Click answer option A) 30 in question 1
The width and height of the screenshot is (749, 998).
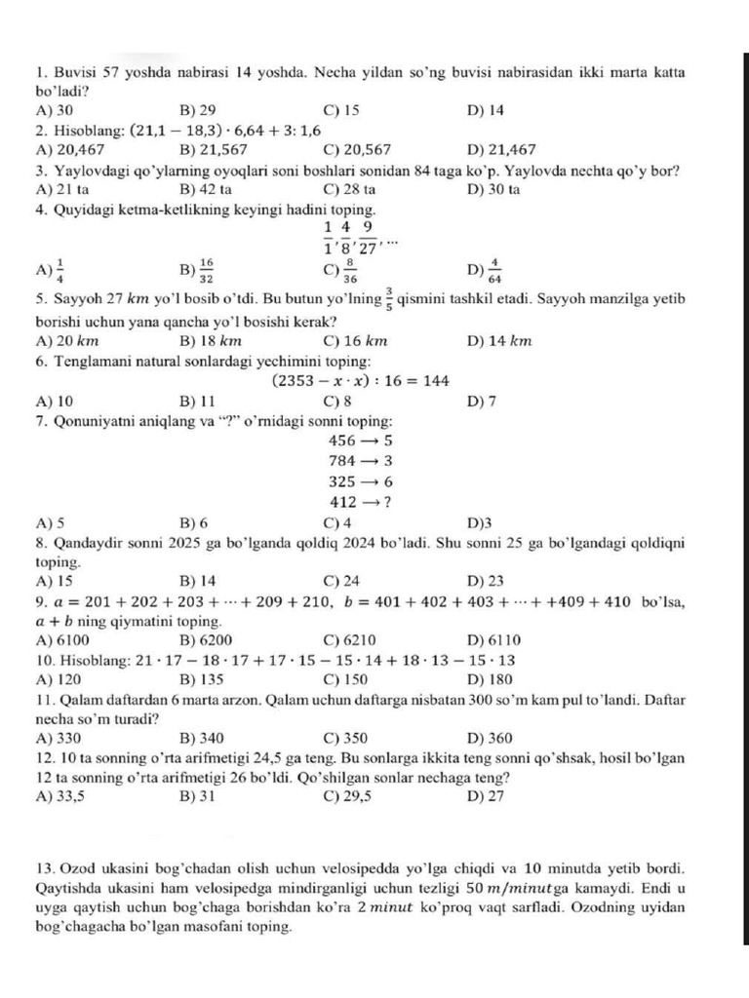click(54, 110)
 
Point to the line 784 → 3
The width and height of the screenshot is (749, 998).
click(361, 460)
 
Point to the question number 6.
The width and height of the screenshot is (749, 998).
click(40, 360)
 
